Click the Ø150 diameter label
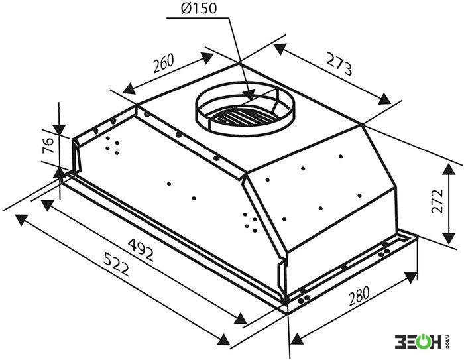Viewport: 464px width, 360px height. coord(199,9)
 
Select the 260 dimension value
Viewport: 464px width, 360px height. coord(163,63)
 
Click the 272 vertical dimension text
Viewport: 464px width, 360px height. coord(437,200)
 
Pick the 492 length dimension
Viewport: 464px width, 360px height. coord(141,249)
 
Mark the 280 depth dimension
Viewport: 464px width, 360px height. coord(359,296)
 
